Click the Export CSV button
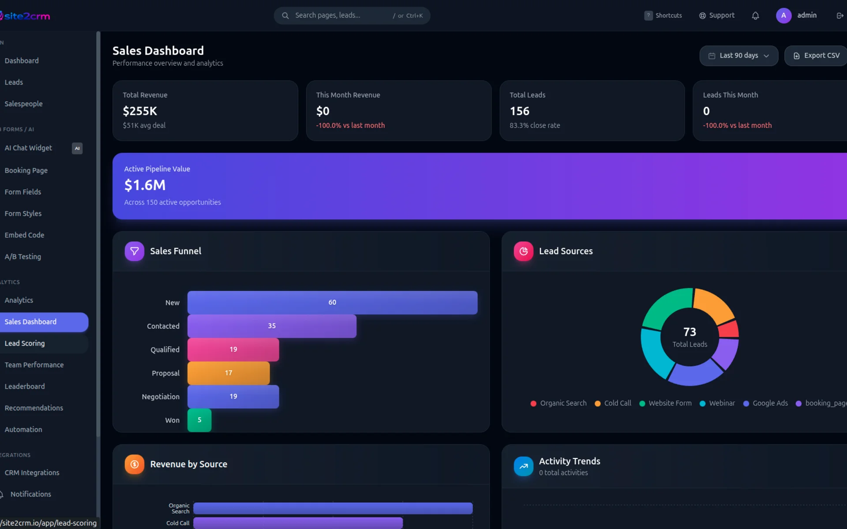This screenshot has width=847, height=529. coord(816,56)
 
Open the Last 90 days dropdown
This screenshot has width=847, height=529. coord(738,56)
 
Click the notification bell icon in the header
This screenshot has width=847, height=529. coord(755,16)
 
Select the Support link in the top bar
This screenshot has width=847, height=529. coord(717,15)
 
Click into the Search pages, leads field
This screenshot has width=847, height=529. coord(340,15)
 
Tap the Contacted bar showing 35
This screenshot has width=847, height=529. coord(272,326)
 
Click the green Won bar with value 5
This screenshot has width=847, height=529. coord(199,420)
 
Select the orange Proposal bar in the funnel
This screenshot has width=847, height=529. coord(229,373)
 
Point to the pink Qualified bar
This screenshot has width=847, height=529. coord(233,350)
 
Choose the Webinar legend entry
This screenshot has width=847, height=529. coord(717,403)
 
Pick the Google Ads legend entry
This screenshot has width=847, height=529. coord(765,403)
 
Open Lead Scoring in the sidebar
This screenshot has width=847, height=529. coord(25,343)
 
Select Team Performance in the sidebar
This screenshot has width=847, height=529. coord(34,365)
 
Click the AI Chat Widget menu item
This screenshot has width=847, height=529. coord(28,148)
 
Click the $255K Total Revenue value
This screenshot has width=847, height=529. coord(140,111)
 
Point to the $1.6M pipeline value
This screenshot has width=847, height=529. coord(145,185)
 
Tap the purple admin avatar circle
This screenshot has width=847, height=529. coord(783,15)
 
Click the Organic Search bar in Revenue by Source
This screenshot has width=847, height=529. coord(333,508)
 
